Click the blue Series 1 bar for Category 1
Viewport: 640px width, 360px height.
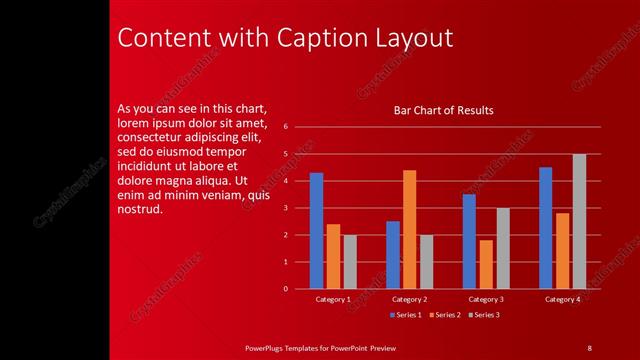(316, 231)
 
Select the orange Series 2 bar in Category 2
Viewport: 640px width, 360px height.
(409, 229)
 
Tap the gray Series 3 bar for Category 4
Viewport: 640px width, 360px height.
(579, 221)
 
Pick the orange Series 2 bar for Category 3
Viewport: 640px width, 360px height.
(486, 264)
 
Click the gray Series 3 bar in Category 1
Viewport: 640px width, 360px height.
(350, 262)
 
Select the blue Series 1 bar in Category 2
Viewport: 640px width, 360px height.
(392, 255)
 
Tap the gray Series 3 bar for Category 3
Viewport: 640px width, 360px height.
(503, 248)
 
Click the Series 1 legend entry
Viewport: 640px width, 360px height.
(405, 315)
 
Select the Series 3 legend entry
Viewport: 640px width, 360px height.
(483, 315)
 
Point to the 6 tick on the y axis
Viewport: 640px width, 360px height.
(286, 127)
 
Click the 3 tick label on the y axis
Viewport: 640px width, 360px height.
(286, 208)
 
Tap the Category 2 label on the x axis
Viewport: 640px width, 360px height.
(409, 299)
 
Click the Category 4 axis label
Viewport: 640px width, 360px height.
(562, 299)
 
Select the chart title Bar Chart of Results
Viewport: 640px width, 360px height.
(444, 110)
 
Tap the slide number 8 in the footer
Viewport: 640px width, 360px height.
(589, 347)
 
